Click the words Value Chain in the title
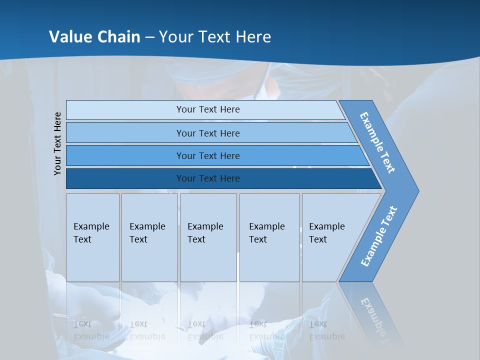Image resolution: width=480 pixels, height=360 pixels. click(94, 37)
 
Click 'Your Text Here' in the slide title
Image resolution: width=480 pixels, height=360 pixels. click(215, 37)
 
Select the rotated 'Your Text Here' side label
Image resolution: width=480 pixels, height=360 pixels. click(57, 143)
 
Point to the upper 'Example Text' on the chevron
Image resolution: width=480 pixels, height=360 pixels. click(377, 142)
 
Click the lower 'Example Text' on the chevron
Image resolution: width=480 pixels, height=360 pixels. click(378, 236)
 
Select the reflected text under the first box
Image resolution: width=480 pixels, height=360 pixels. click(91, 330)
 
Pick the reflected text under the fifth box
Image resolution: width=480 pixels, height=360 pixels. click(326, 330)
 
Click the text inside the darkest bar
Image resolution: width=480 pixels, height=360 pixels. click(208, 178)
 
